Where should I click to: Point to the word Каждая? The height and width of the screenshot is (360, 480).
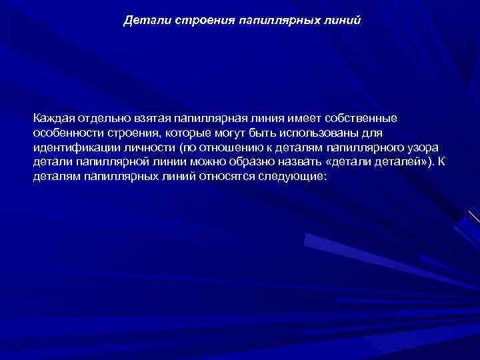point(54,118)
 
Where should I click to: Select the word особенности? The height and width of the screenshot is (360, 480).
point(66,133)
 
